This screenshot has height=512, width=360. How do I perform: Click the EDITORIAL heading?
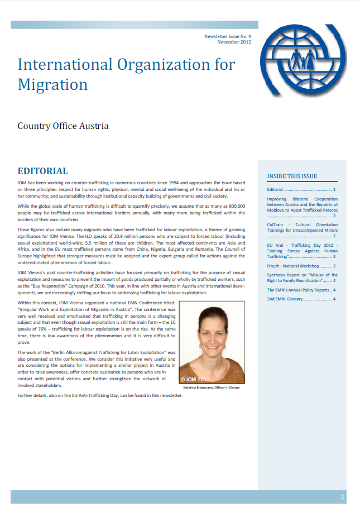pyautogui.click(x=43, y=171)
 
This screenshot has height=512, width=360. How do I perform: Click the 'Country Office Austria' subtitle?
pyautogui.click(x=63, y=126)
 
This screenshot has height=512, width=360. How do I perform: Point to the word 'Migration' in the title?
pyautogui.click(x=53, y=84)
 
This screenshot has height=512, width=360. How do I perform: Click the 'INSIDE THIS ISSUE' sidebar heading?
pyautogui.click(x=292, y=176)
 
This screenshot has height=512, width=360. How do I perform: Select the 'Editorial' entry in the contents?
pyautogui.click(x=275, y=190)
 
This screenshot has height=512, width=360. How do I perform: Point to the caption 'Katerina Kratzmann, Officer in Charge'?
pyautogui.click(x=212, y=387)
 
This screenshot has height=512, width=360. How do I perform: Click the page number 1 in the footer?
pyautogui.click(x=343, y=497)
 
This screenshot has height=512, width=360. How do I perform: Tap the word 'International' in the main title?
pyautogui.click(x=63, y=64)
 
